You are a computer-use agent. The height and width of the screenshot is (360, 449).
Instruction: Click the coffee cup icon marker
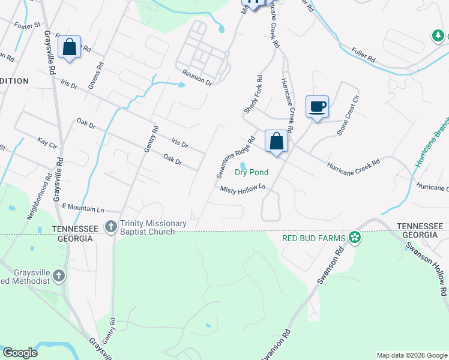(x=317, y=107)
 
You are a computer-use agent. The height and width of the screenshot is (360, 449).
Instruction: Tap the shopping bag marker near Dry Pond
(x=276, y=142)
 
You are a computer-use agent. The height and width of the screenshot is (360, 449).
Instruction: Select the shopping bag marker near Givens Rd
(x=70, y=47)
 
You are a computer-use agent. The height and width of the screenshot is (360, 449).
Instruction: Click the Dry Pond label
(x=251, y=172)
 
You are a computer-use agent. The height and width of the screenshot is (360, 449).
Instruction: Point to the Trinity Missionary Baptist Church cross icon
(x=110, y=226)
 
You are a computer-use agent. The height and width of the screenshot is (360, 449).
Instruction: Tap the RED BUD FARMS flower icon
(x=355, y=238)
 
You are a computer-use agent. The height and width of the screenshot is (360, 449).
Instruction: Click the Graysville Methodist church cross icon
(x=58, y=275)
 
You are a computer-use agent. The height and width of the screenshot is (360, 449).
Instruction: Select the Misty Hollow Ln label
(x=243, y=189)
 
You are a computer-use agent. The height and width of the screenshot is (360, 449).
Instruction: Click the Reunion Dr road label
(x=197, y=76)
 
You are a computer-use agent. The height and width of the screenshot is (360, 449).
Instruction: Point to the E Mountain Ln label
(x=83, y=208)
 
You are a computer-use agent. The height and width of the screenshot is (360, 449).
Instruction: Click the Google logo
(x=20, y=353)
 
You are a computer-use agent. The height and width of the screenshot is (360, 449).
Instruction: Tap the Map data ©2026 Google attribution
(x=411, y=355)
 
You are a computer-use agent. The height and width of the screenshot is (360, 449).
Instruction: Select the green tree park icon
(x=438, y=37)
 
